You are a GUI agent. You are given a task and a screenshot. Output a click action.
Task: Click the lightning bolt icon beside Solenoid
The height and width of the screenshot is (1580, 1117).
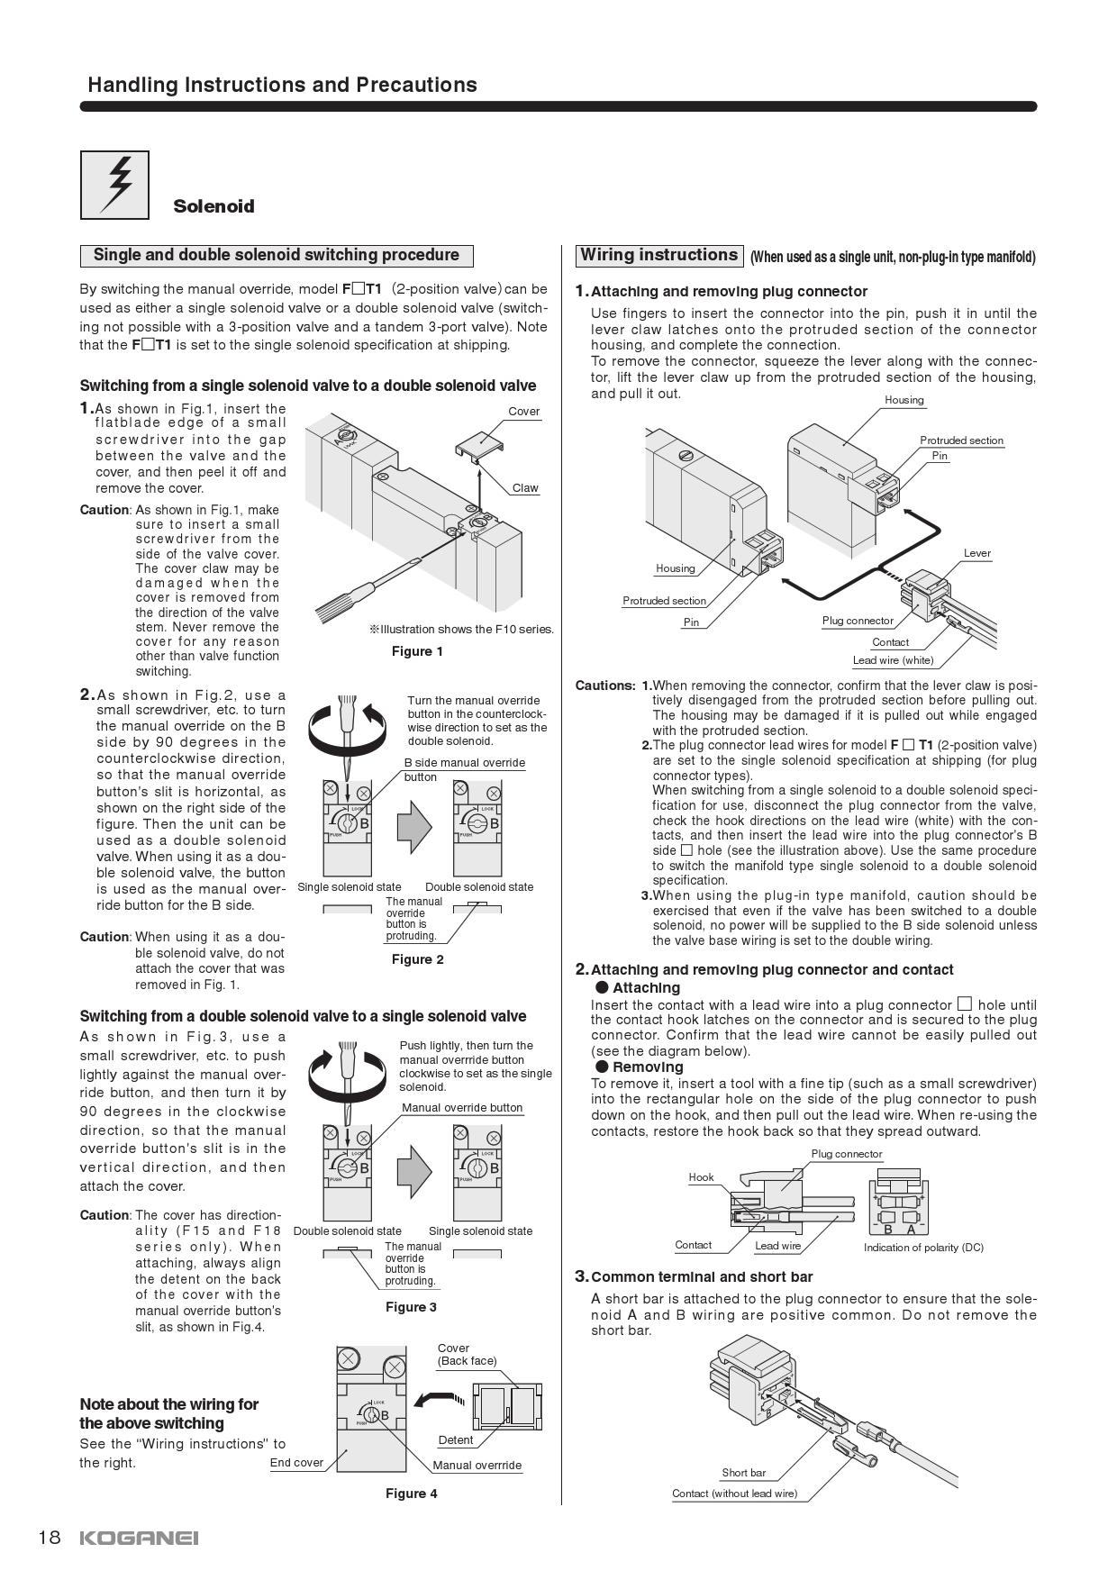pyautogui.click(x=114, y=185)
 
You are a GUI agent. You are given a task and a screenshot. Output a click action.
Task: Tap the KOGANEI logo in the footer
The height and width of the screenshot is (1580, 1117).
pyautogui.click(x=139, y=1538)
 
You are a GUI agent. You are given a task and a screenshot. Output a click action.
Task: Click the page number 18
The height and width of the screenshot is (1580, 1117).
pyautogui.click(x=49, y=1537)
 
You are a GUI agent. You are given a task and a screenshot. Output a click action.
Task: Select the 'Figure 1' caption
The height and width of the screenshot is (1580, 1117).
pyautogui.click(x=417, y=651)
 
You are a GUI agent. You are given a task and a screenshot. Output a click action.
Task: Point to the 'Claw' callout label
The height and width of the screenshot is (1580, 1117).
pyautogui.click(x=525, y=488)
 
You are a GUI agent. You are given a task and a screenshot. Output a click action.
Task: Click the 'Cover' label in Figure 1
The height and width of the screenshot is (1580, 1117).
pyautogui.click(x=523, y=412)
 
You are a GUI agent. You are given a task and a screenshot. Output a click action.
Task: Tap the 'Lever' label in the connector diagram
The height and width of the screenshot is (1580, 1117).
pyautogui.click(x=976, y=553)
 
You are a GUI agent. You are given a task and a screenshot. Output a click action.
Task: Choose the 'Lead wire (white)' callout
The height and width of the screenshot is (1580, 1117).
pyautogui.click(x=893, y=660)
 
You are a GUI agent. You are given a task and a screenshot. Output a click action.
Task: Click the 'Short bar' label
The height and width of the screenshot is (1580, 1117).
pyautogui.click(x=743, y=1473)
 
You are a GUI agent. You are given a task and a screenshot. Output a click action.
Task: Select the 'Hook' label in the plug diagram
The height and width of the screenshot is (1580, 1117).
pyautogui.click(x=701, y=1177)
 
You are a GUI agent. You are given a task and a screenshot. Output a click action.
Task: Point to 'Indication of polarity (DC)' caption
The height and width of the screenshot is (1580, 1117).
pyautogui.click(x=923, y=1248)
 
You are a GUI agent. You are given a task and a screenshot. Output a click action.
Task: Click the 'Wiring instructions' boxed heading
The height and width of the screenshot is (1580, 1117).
pyautogui.click(x=658, y=255)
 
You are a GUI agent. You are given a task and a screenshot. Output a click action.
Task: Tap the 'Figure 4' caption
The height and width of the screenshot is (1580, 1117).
pyautogui.click(x=411, y=1494)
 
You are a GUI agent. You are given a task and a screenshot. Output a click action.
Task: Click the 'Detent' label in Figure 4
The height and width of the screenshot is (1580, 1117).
pyautogui.click(x=456, y=1440)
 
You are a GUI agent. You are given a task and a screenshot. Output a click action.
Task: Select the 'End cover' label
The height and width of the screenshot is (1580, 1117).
pyautogui.click(x=296, y=1463)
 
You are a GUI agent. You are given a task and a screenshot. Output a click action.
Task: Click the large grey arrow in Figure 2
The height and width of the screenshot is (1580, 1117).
pyautogui.click(x=414, y=823)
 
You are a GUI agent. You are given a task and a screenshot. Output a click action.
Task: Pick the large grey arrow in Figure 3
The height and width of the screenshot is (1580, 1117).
pyautogui.click(x=414, y=1168)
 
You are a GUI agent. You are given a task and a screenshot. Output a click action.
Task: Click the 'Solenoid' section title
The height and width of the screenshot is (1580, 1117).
pyautogui.click(x=213, y=206)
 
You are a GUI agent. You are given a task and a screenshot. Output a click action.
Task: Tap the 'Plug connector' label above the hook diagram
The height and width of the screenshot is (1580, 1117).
pyautogui.click(x=847, y=1154)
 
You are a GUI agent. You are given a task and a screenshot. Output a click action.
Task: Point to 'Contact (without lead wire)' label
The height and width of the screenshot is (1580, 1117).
pyautogui.click(x=734, y=1494)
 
